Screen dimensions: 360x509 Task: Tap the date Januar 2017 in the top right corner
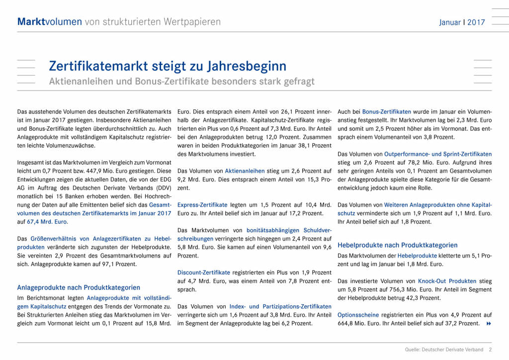[x=462, y=22]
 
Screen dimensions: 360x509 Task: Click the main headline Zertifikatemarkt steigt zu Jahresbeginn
[x=168, y=66]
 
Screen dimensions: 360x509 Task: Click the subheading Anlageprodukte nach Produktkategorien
[x=79, y=287]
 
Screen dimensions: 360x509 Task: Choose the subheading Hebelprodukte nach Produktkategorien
[x=397, y=245]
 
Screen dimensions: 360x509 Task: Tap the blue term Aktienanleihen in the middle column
[x=245, y=171]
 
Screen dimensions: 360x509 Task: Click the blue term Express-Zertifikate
[x=202, y=204]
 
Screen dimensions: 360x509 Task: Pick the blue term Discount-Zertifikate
[x=203, y=272]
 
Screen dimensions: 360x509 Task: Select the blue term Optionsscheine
[x=358, y=315]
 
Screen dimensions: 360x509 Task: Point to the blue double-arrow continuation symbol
[x=488, y=324]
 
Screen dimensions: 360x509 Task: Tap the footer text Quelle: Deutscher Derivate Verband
[x=444, y=350]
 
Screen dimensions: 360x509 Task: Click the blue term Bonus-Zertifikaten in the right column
[x=387, y=112]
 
